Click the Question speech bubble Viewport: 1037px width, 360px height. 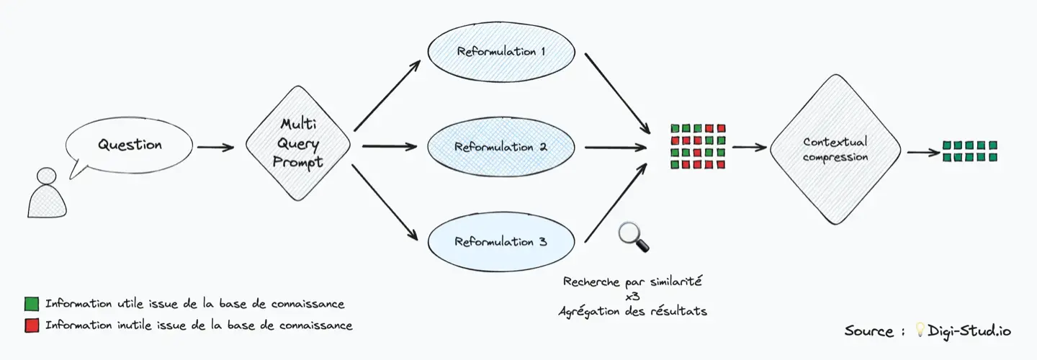click(x=130, y=145)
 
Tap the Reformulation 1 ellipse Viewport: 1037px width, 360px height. click(x=501, y=53)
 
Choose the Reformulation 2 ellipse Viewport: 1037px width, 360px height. click(x=501, y=147)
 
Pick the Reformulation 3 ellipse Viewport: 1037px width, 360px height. click(x=501, y=242)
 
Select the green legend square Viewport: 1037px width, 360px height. click(x=31, y=303)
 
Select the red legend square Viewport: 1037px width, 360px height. click(x=31, y=325)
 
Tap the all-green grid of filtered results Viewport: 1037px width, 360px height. click(x=969, y=151)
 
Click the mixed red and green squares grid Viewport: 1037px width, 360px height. click(x=698, y=147)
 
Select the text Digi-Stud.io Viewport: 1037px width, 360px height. click(x=969, y=330)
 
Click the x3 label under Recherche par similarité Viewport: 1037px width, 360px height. click(x=633, y=296)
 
